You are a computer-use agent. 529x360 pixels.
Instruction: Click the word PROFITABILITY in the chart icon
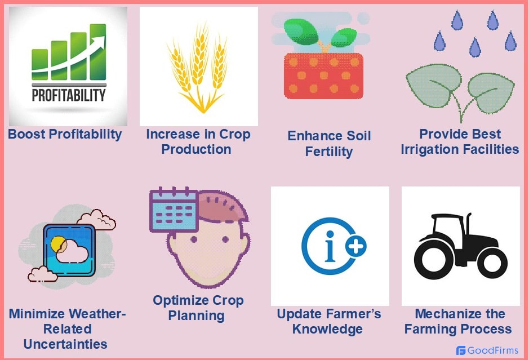pyautogui.click(x=68, y=94)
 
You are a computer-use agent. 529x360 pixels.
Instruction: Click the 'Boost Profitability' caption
pyautogui.click(x=65, y=134)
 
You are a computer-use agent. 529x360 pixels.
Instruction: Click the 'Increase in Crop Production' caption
pyautogui.click(x=198, y=142)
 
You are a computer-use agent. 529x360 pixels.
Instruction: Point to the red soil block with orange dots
pyautogui.click(x=323, y=75)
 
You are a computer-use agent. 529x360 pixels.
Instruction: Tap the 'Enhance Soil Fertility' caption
pyautogui.click(x=329, y=144)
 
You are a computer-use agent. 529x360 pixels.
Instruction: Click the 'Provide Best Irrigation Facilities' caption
pyautogui.click(x=460, y=142)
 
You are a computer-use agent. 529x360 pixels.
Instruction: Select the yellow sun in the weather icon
pyautogui.click(x=58, y=244)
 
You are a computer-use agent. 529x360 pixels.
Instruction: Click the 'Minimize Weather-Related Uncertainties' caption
pyautogui.click(x=66, y=328)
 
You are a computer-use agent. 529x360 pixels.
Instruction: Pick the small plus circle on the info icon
pyautogui.click(x=356, y=246)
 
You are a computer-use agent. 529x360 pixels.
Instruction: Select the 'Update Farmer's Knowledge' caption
pyautogui.click(x=329, y=321)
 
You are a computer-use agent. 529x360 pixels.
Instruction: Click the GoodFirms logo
pyautogui.click(x=487, y=350)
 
